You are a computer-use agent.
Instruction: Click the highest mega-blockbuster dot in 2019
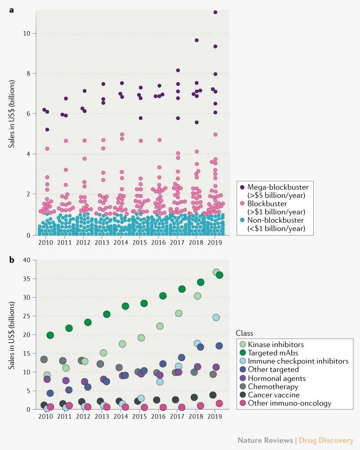215,12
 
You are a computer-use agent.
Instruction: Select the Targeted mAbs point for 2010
50,335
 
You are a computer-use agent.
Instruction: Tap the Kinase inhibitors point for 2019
216,272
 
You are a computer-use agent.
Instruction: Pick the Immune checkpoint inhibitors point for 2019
216,317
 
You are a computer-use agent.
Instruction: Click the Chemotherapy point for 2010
44,359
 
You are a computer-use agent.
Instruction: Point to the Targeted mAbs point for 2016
163,295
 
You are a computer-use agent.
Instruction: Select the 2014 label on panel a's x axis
121,242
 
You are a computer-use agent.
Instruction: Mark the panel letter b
11,259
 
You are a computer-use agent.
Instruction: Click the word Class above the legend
244,333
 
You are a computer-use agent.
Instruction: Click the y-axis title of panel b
11,334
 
